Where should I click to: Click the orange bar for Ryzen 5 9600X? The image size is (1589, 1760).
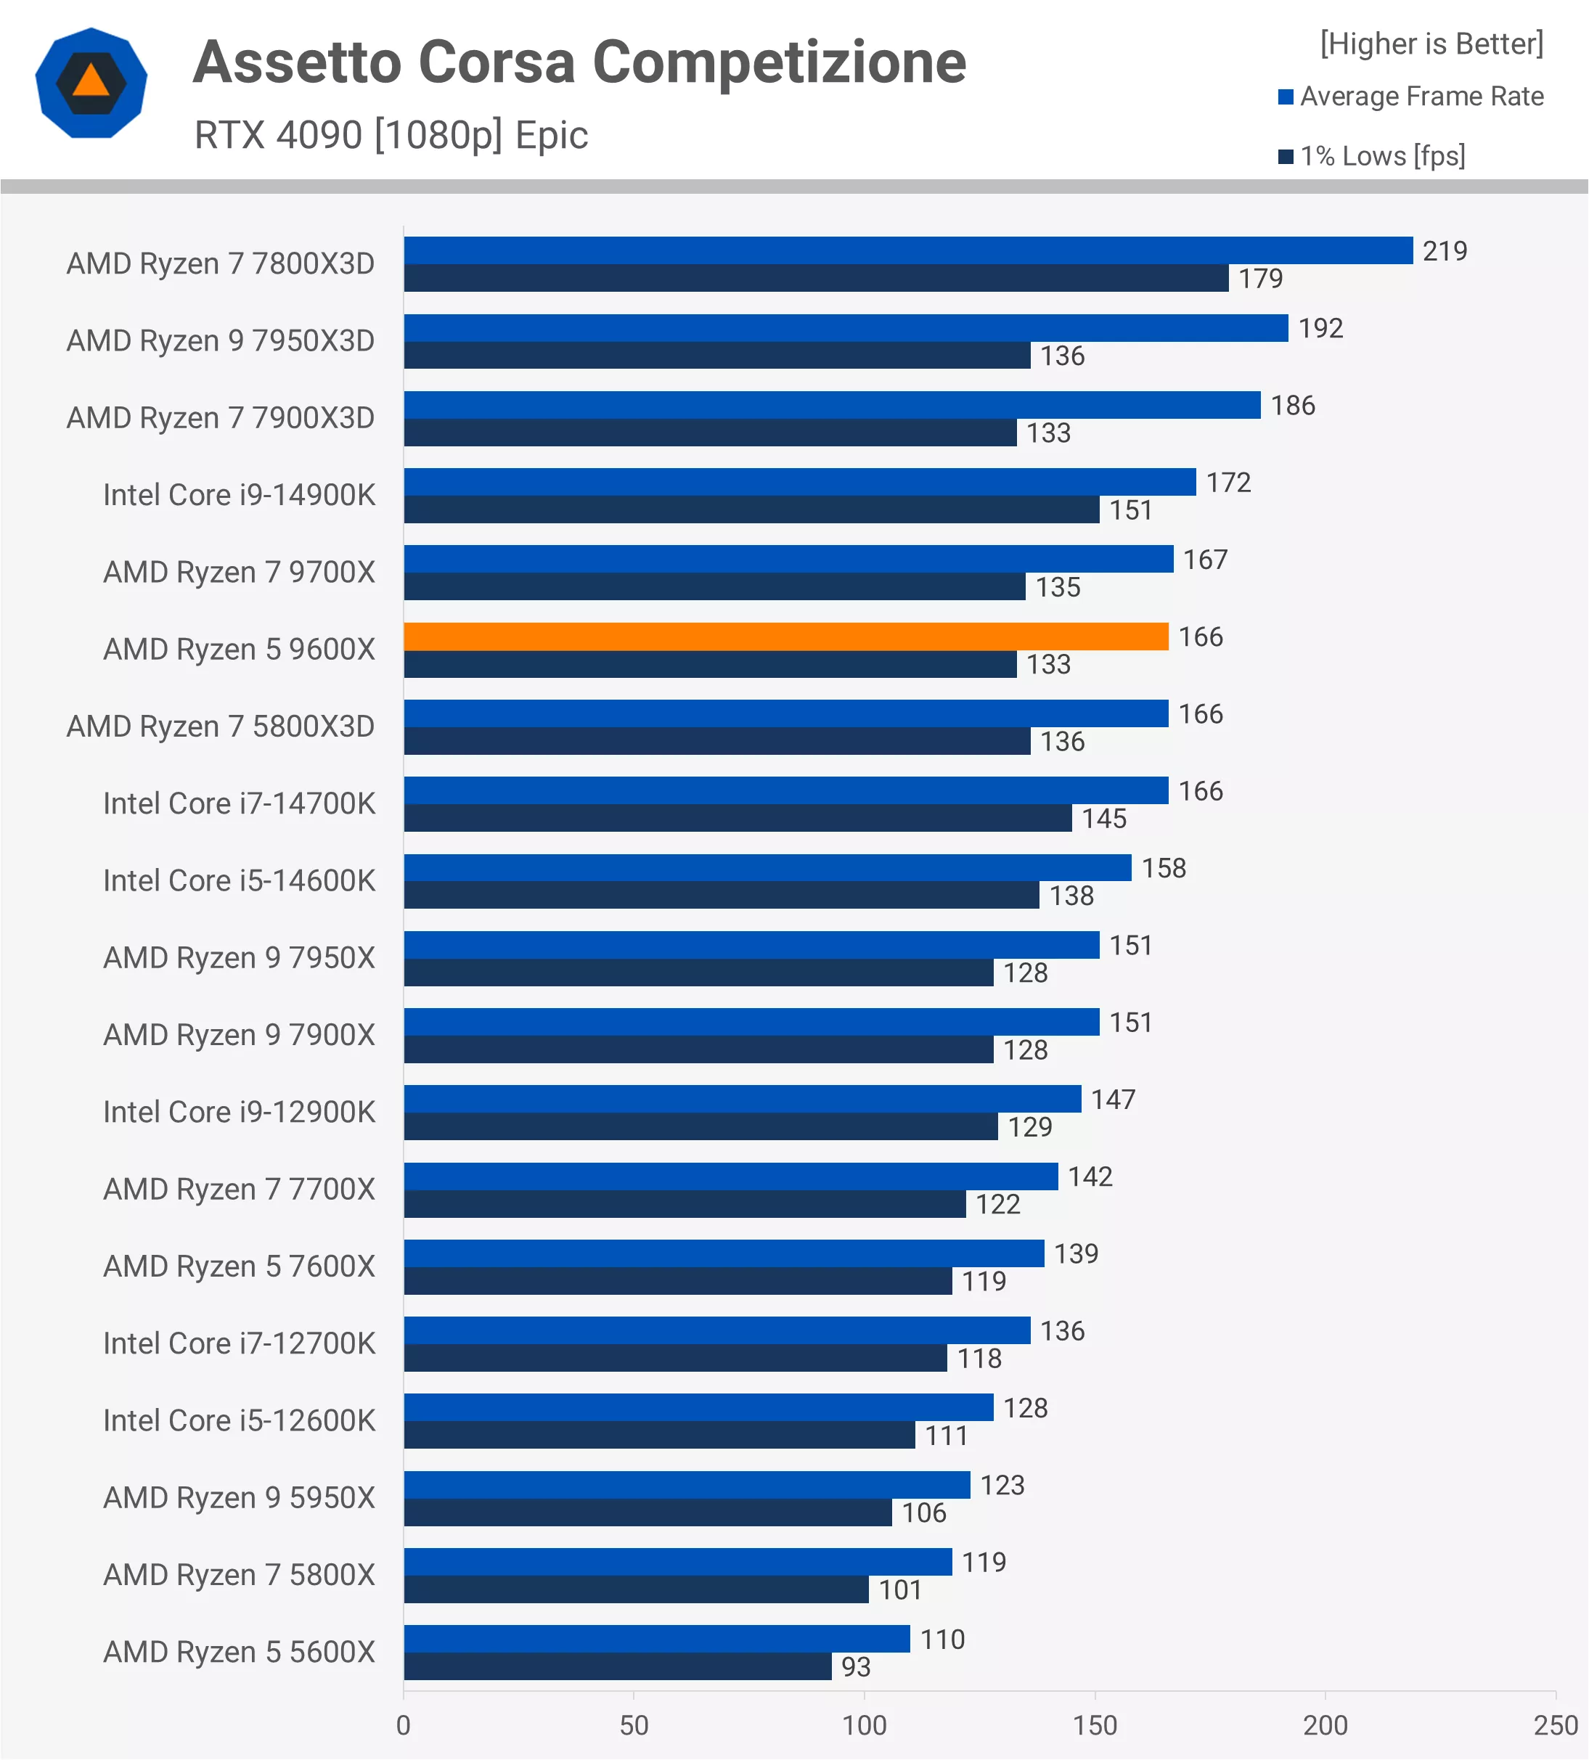(x=785, y=637)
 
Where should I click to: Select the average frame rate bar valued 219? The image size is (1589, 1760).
(x=908, y=250)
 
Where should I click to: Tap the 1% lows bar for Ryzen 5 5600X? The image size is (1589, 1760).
(x=617, y=1666)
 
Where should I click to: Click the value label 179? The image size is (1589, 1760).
(x=1261, y=279)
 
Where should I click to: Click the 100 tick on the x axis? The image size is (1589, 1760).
(x=865, y=1725)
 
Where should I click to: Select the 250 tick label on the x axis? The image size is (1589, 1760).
(x=1555, y=1725)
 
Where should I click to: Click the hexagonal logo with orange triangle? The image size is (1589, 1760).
(x=91, y=83)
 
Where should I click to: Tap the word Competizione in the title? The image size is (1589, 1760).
(x=779, y=63)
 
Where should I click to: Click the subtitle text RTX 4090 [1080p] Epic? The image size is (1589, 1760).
(x=391, y=135)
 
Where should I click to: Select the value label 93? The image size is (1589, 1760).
(x=856, y=1666)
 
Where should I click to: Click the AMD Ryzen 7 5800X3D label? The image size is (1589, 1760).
(x=220, y=726)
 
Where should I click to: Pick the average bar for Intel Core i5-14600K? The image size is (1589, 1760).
(x=767, y=868)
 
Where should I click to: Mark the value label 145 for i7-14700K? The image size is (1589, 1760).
(x=1103, y=819)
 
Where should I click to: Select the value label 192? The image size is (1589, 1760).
(x=1320, y=328)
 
